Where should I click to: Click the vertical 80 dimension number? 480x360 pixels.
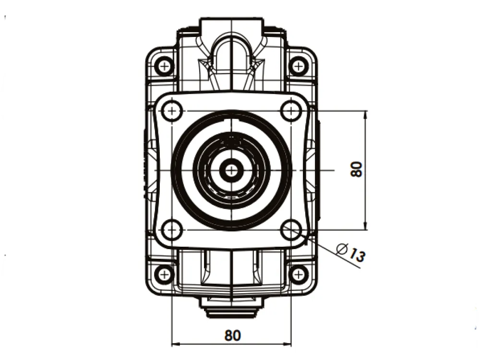click(356, 169)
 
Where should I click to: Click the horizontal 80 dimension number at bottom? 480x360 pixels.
click(233, 336)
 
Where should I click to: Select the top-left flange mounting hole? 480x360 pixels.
click(172, 110)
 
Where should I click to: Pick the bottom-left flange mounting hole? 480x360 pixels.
click(172, 229)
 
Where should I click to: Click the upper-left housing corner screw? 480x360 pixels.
click(165, 66)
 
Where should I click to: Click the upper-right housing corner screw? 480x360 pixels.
click(299, 66)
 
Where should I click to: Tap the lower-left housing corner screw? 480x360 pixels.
click(165, 274)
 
